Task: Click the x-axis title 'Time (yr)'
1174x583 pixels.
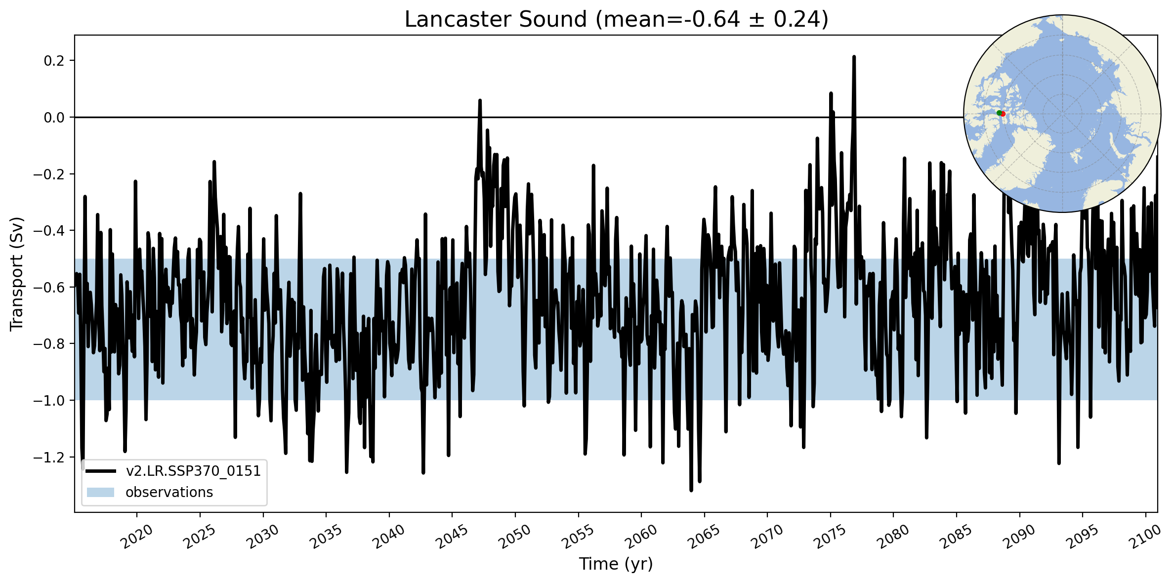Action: click(616, 564)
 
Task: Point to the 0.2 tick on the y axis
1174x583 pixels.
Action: click(54, 61)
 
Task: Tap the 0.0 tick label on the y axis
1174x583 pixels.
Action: click(54, 118)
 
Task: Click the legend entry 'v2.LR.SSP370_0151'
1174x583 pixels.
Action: click(193, 471)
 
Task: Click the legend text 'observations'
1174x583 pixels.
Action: click(169, 493)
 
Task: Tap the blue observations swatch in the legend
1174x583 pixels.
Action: click(100, 493)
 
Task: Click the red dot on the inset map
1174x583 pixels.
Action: click(1003, 114)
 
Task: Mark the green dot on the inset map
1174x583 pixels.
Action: click(999, 113)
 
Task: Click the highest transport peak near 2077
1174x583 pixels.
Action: click(853, 57)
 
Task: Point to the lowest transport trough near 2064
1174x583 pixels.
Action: click(691, 490)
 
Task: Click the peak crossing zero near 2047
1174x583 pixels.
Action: click(479, 101)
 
